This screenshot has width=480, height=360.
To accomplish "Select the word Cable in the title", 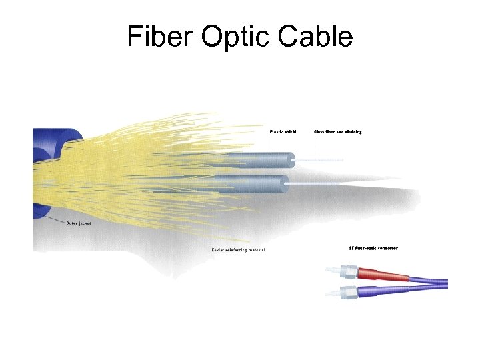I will pyautogui.click(x=317, y=37).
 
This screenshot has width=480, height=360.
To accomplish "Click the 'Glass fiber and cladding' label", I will pyautogui.click(x=338, y=132).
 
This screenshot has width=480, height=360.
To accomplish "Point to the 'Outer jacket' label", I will pyautogui.click(x=79, y=223).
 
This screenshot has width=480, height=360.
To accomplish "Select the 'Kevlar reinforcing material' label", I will pyautogui.click(x=238, y=250).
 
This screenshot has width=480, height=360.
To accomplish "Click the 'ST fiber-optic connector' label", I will pyautogui.click(x=373, y=248).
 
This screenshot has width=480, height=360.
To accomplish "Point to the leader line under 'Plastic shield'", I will pyautogui.click(x=271, y=145).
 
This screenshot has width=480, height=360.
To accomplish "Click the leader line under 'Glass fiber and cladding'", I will pyautogui.click(x=315, y=147).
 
